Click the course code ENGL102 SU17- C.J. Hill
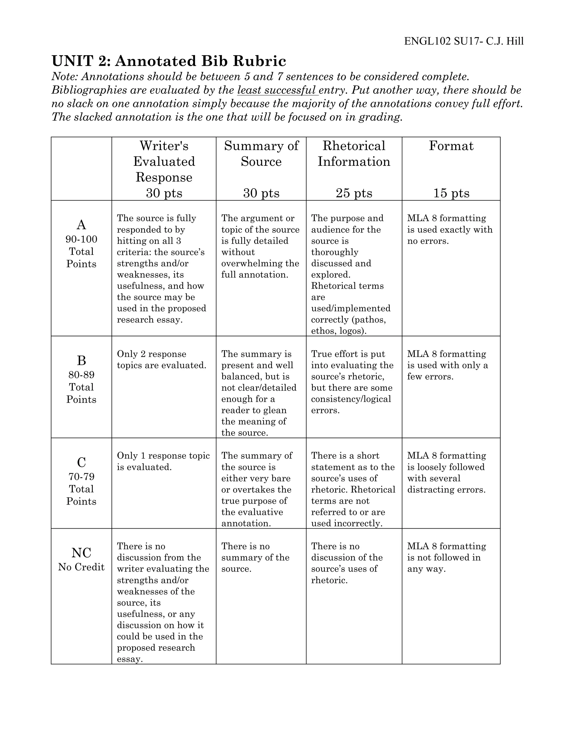point(464,41)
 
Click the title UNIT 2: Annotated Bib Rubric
point(169,61)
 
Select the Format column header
point(451,146)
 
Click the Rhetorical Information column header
point(354,153)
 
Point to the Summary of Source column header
point(261,153)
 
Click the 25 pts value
point(354,193)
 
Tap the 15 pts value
point(451,193)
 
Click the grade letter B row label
point(81,360)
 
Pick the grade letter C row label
point(81,462)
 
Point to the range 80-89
point(81,375)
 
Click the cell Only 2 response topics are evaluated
point(161,360)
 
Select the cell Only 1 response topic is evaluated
point(163,461)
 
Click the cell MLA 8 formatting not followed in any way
point(446,557)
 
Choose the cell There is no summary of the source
point(255,557)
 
